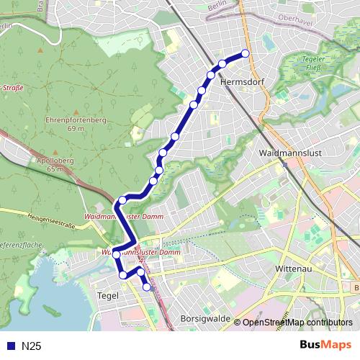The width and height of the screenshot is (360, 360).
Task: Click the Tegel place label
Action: click(x=107, y=295)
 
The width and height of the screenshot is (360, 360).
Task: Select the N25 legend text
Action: click(x=32, y=346)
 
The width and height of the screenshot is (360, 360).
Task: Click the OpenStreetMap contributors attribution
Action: click(x=297, y=323)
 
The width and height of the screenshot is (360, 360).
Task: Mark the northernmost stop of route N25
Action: click(x=245, y=53)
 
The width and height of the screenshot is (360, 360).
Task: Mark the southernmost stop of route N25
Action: click(x=147, y=287)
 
